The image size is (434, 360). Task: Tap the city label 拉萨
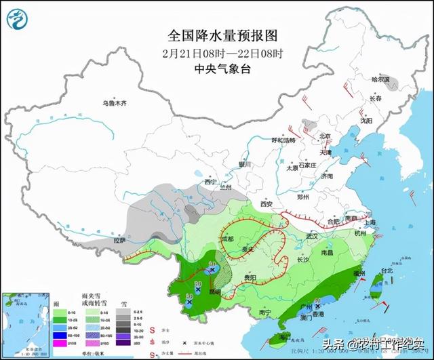[119, 241]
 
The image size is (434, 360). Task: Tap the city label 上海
[370, 222]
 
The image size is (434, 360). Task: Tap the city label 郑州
[303, 197]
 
